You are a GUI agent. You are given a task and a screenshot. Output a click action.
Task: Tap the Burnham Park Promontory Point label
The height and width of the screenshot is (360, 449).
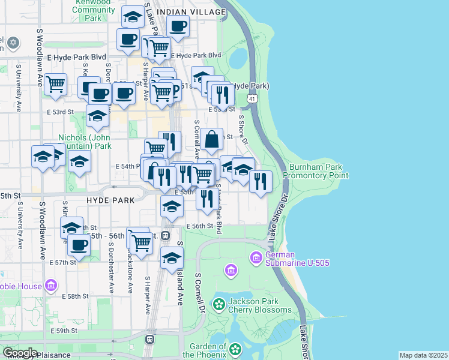(318, 171)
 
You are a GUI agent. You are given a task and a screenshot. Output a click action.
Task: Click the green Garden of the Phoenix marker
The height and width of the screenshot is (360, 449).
(236, 348)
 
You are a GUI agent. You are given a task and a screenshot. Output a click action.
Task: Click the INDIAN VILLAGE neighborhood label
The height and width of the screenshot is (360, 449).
(184, 12)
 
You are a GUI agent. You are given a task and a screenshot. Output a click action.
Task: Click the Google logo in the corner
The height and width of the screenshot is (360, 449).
(19, 353)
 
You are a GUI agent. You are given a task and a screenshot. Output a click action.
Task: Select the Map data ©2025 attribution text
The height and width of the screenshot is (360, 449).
(423, 355)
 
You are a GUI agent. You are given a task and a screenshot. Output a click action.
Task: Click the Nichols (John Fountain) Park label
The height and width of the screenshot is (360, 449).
(85, 141)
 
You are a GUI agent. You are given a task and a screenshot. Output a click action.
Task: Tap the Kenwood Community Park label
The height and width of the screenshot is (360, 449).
(93, 10)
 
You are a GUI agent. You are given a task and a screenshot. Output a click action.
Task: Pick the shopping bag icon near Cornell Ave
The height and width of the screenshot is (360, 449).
(212, 139)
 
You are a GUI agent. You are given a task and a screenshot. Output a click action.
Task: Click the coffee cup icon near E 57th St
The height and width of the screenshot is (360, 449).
(79, 244)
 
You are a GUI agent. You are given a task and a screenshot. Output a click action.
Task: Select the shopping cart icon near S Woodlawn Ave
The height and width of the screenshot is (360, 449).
(56, 84)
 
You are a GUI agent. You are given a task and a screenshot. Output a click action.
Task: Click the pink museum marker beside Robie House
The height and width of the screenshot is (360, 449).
(50, 284)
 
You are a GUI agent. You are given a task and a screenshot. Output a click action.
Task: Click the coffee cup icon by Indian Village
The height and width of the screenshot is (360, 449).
(178, 26)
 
